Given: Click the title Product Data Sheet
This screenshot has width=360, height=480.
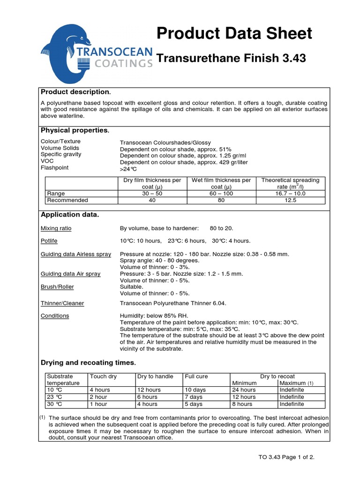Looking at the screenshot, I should click(234, 33).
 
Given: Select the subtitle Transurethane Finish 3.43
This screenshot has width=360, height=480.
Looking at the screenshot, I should click(231, 59).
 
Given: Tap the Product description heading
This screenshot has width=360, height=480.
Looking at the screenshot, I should click(76, 91).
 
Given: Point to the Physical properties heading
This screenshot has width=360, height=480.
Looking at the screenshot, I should click(75, 130).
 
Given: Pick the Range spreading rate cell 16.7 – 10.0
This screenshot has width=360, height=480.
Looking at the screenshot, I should click(290, 193).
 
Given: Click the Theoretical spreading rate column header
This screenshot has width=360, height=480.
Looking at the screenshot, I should click(290, 183).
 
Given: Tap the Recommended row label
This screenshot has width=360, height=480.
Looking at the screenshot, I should click(67, 200).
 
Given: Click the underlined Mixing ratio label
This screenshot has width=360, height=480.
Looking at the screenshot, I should click(56, 228).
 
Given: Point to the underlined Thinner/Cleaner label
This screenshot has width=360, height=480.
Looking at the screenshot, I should click(62, 303).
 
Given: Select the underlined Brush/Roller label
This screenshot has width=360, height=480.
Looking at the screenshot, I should click(57, 286).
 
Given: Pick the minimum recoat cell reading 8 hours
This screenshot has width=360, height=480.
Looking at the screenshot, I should click(242, 404).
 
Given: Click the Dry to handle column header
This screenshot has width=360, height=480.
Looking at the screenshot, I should click(155, 376).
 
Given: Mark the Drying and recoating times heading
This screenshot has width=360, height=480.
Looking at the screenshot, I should click(88, 363).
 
